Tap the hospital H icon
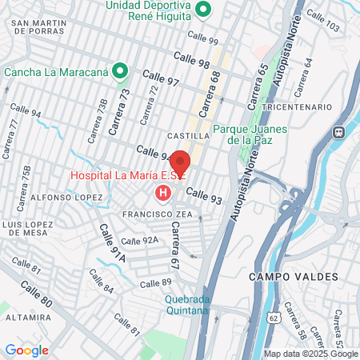(163, 193)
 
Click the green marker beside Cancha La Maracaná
(120, 71)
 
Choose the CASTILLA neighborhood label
(188, 136)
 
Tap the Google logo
(26, 350)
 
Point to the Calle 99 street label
(202, 38)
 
